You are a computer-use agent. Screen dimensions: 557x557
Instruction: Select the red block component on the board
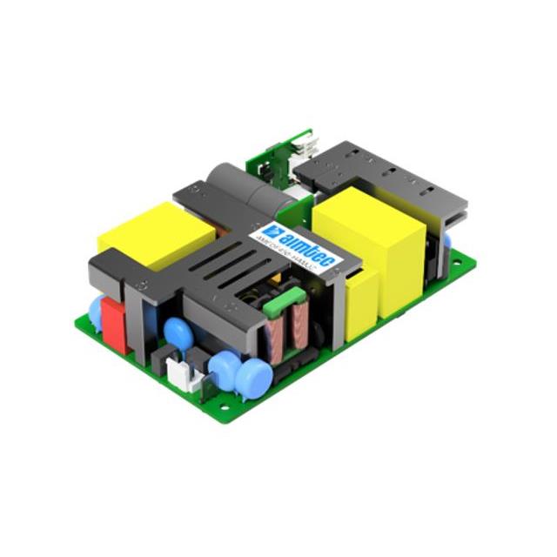tap(114, 325)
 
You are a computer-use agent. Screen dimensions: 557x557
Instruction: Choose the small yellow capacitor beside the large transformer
tap(362, 303)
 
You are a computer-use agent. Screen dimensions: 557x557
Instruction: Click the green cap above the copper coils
tap(274, 304)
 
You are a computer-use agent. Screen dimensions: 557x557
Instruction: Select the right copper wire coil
tap(300, 323)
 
